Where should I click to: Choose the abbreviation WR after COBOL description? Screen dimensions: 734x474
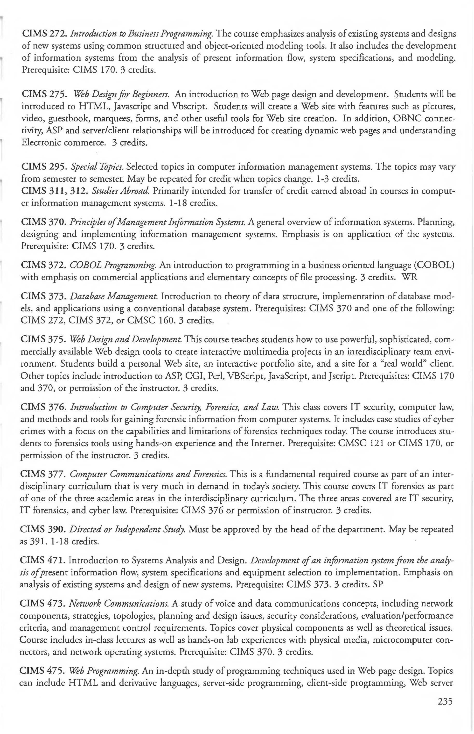pos(410,277)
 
